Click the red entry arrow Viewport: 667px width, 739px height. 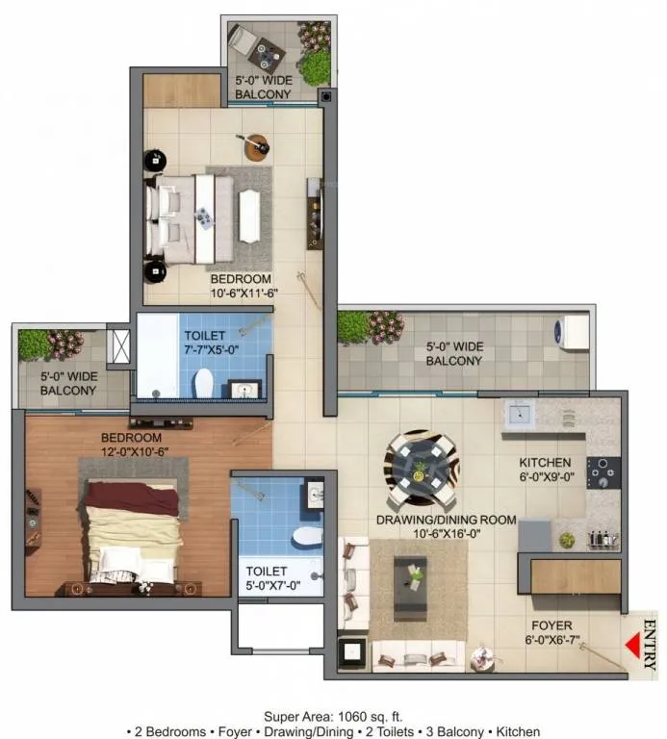tap(633, 645)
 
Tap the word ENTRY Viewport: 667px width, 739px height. tap(650, 645)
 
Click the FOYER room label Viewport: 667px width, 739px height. tap(552, 632)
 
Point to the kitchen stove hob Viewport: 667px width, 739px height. tap(603, 472)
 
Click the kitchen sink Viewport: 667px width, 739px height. tap(520, 415)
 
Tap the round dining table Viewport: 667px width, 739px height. tap(421, 468)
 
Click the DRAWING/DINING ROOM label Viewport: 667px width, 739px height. tap(446, 526)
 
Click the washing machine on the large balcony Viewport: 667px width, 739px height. tap(572, 331)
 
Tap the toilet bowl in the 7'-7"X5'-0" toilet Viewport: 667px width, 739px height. tap(204, 383)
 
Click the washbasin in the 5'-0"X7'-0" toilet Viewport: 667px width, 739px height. tap(315, 494)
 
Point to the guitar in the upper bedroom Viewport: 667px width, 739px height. tap(255, 144)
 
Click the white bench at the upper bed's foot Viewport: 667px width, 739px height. tap(250, 216)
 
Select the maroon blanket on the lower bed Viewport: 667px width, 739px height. tap(132, 498)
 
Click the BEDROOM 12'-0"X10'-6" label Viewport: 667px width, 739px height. tap(135, 445)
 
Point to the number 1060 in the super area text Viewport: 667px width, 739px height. tap(351, 717)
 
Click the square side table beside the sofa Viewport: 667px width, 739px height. tap(351, 652)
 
